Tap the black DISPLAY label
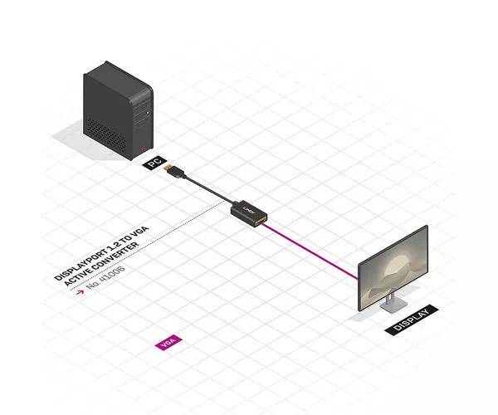[x=412, y=320]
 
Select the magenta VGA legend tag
[x=168, y=342]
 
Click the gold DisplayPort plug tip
[x=168, y=168]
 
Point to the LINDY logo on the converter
[x=249, y=209]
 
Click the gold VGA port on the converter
[x=260, y=222]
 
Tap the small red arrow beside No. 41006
[x=80, y=291]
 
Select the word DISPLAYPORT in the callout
[x=81, y=266]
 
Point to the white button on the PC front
[x=148, y=113]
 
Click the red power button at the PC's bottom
[x=143, y=148]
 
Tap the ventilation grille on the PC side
[x=106, y=135]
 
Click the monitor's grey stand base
[x=393, y=305]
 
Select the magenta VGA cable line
[x=310, y=251]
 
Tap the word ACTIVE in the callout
[x=76, y=278]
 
